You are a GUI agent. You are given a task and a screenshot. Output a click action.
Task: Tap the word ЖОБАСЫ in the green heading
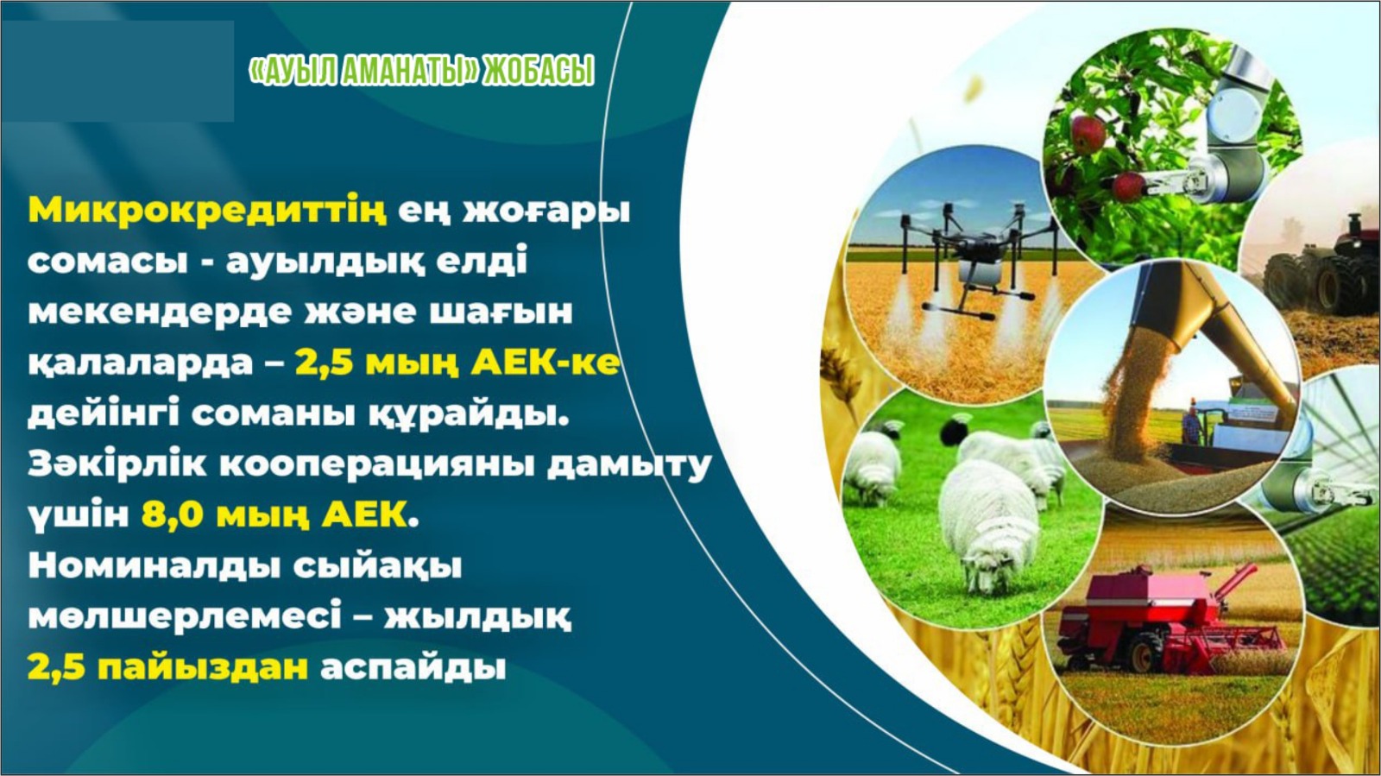[x=539, y=71]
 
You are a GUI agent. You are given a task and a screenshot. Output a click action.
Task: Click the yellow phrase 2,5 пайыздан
[x=167, y=667]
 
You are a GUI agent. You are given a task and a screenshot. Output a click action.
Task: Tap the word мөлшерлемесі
[x=185, y=617]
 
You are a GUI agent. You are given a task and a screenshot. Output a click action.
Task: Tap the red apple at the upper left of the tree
[x=1088, y=135]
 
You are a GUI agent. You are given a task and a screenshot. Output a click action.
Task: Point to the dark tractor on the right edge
[x=1326, y=268]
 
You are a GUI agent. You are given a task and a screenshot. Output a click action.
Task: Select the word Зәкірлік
[x=117, y=464]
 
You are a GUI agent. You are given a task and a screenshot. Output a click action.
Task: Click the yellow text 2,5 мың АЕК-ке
[x=457, y=363]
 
